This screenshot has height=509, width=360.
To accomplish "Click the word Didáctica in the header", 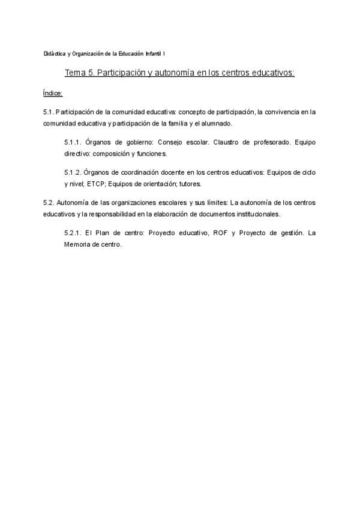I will (x=55, y=54).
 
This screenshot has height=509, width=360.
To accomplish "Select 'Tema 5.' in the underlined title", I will (x=79, y=73).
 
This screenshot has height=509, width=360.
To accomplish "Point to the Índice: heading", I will (x=53, y=93).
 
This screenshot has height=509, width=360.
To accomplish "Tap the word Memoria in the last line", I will (x=77, y=244).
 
